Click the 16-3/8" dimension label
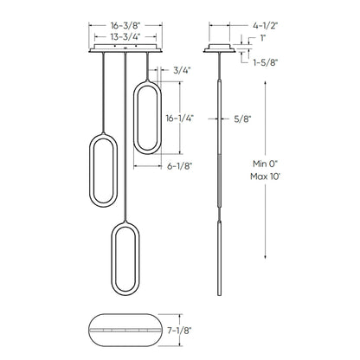pyautogui.click(x=126, y=27)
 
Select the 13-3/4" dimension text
pyautogui.click(x=126, y=38)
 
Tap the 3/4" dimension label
pyautogui.click(x=182, y=70)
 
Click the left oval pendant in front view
pyautogui.click(x=103, y=170)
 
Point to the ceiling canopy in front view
pyautogui.click(x=126, y=51)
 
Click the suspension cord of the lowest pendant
pyautogui.click(x=126, y=138)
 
